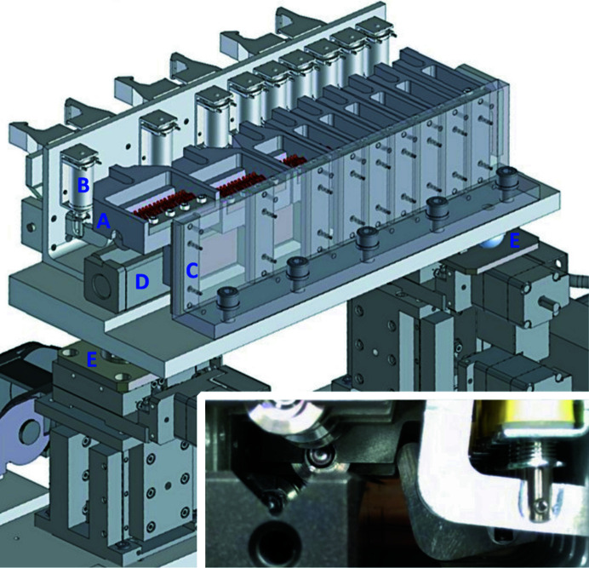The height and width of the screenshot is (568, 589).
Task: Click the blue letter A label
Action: (103, 221)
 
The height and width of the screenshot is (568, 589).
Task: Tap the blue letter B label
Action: (83, 185)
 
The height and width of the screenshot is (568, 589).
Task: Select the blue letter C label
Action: (192, 270)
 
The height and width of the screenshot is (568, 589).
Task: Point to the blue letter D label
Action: (142, 282)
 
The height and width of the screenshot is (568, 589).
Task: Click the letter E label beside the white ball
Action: (514, 241)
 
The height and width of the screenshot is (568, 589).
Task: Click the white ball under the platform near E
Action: (493, 241)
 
